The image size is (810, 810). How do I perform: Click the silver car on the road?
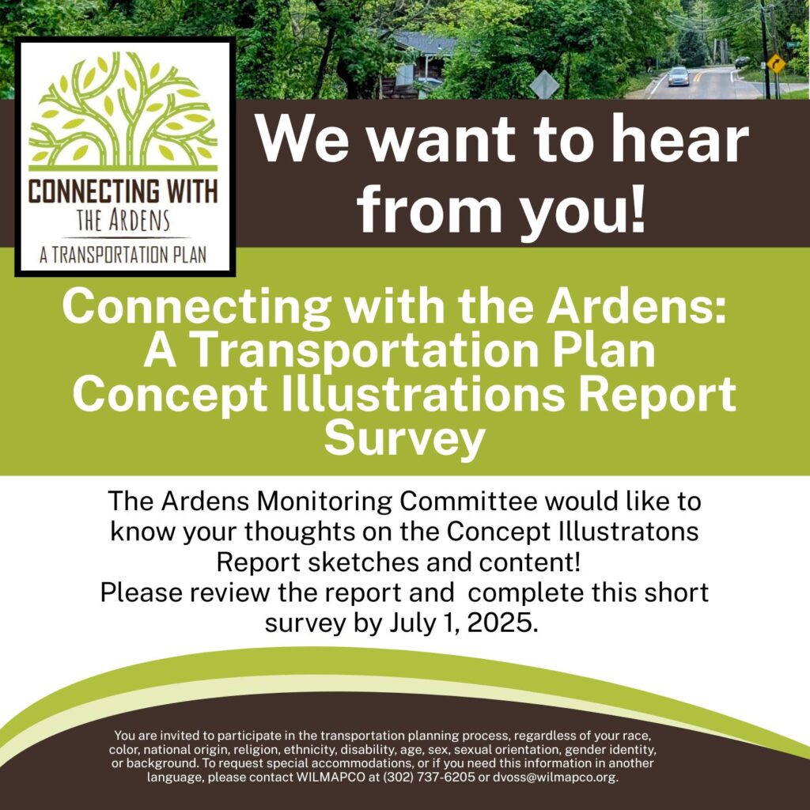point(678,77)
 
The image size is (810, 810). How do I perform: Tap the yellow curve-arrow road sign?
point(775,63)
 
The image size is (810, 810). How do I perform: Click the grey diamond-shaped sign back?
point(544,84)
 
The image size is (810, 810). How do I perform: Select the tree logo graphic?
point(123,111)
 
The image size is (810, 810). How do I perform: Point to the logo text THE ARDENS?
point(123,221)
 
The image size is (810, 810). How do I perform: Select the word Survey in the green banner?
point(404,439)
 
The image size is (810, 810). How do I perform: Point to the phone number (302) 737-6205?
point(428,777)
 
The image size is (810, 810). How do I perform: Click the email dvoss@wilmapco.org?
point(555,777)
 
